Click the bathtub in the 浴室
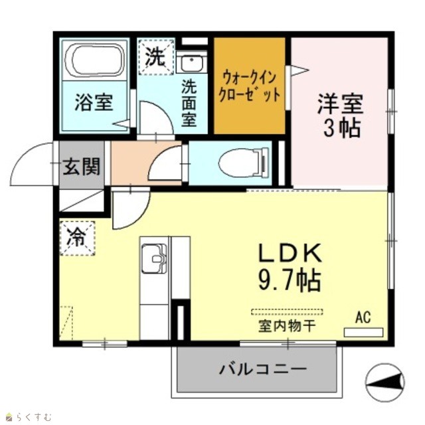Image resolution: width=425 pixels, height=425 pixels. [94, 60]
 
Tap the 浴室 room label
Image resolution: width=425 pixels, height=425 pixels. [94, 102]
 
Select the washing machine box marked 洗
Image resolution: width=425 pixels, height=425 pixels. [156, 56]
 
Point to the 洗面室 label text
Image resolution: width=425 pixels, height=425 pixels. [189, 103]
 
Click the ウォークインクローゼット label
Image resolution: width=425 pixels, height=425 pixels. [249, 86]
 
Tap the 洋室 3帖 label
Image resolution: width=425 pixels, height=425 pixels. [341, 116]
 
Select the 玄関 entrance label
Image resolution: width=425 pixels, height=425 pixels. [82, 166]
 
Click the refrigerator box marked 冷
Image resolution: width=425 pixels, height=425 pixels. [78, 238]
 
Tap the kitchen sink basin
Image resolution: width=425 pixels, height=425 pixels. [154, 258]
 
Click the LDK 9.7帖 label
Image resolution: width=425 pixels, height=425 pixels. [290, 267]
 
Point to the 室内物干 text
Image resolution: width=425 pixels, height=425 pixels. [288, 326]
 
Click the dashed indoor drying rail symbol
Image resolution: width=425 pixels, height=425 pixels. [287, 311]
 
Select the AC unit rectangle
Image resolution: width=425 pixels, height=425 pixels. [363, 332]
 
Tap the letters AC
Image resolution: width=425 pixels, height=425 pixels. [363, 317]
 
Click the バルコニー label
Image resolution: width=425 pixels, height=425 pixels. [263, 369]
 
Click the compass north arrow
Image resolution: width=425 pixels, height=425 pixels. [385, 382]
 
